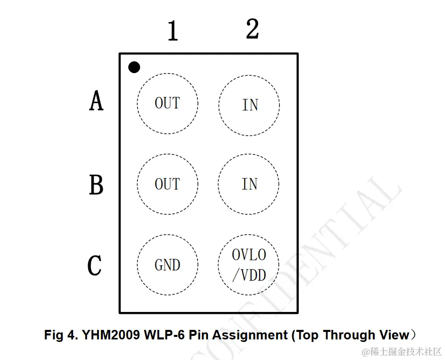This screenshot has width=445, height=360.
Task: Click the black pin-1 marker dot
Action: click(134, 67)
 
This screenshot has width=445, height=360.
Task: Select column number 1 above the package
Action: click(173, 32)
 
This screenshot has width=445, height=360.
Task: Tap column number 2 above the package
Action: click(252, 29)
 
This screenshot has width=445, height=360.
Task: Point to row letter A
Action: click(96, 101)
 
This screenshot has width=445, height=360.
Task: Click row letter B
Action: click(96, 185)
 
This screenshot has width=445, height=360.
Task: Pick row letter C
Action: click(95, 266)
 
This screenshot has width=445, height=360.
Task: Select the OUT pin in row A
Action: click(167, 104)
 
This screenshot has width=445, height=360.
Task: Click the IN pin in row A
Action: click(249, 105)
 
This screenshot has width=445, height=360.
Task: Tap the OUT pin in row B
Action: click(167, 184)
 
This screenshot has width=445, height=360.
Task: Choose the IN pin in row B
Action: click(249, 184)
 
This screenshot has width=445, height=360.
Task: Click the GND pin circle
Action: click(167, 265)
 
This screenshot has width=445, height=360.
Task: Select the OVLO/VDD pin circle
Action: click(249, 265)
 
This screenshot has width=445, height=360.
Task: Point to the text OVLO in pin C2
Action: click(249, 255)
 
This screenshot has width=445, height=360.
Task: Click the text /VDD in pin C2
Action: click(249, 275)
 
